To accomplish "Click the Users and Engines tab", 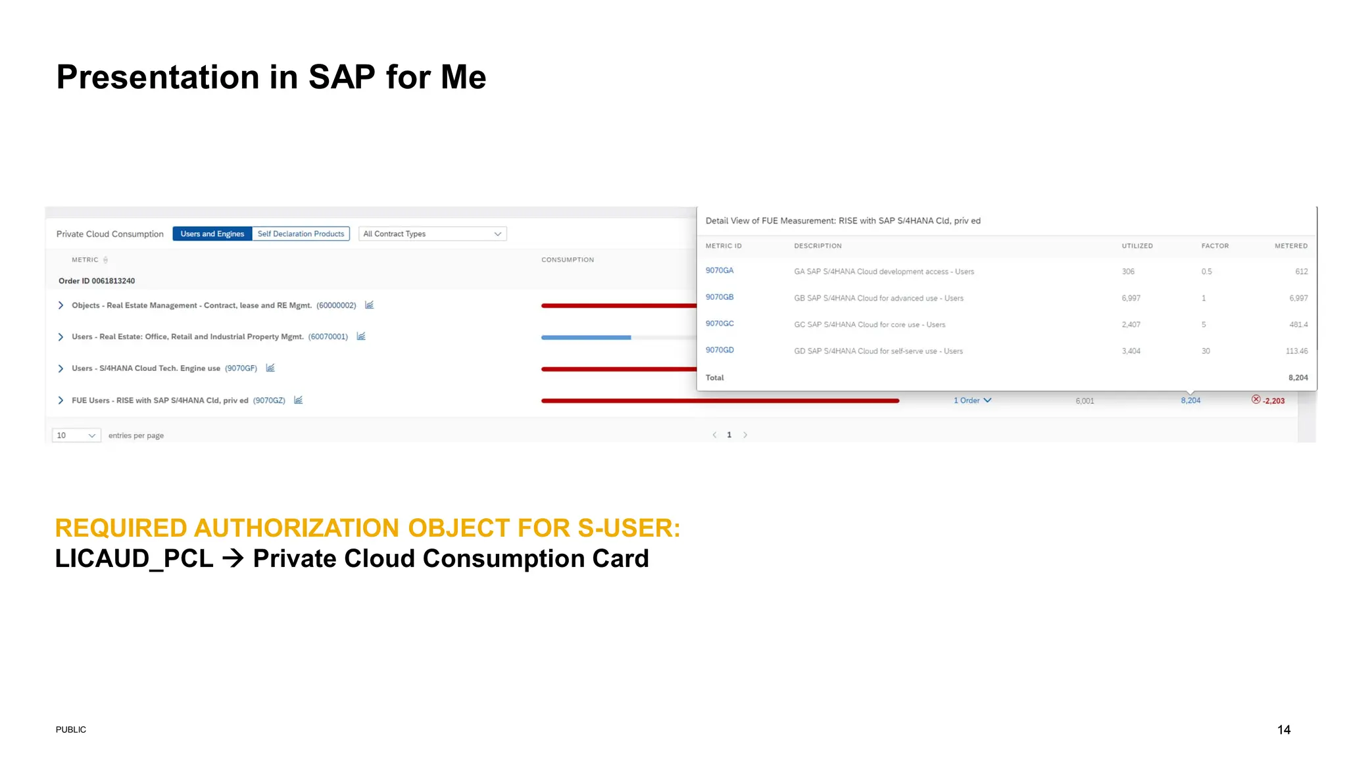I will point(212,234).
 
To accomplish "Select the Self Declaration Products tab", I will point(301,234).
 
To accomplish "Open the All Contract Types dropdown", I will point(432,234).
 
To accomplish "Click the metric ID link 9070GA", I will point(719,270).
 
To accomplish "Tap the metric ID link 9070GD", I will point(720,350).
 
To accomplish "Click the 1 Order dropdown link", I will point(972,401).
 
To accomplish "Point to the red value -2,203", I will point(1273,401).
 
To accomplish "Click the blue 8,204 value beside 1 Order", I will point(1190,401).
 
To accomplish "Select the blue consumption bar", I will point(585,337).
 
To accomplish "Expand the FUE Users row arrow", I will point(61,401).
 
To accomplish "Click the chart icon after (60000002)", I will point(369,305).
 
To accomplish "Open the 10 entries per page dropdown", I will point(76,435).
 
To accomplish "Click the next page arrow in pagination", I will point(745,435).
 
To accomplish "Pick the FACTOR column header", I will point(1214,246).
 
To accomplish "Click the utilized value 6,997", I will point(1131,298).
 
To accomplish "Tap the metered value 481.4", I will point(1298,325).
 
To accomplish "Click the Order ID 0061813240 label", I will point(97,281).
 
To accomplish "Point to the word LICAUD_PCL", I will point(134,559).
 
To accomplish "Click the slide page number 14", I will point(1283,729).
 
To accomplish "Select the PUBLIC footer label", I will point(71,729).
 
